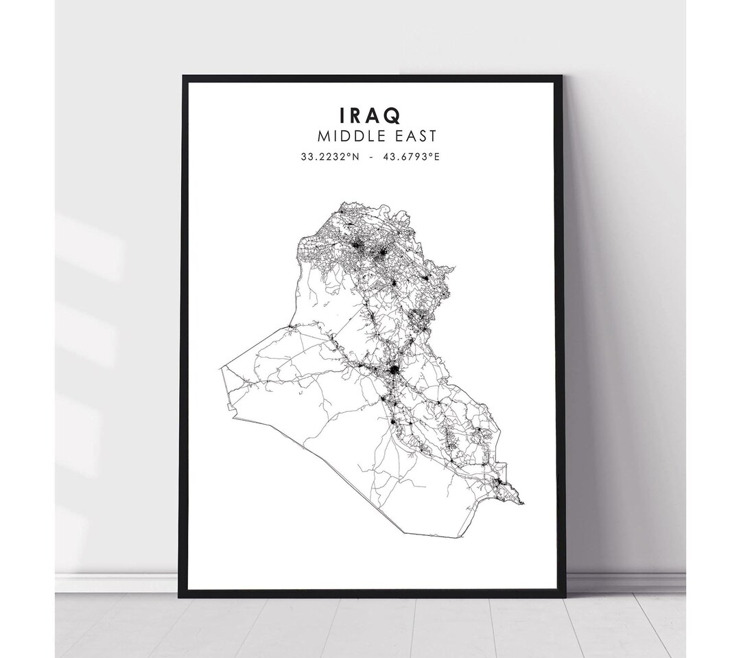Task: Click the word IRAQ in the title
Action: pos(370,114)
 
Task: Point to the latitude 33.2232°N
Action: pos(330,157)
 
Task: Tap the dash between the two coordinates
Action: pos(371,157)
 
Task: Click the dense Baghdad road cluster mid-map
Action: pos(394,373)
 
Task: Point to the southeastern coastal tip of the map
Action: pos(524,504)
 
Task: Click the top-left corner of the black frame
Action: pos(183,77)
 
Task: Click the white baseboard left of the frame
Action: pos(117,583)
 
